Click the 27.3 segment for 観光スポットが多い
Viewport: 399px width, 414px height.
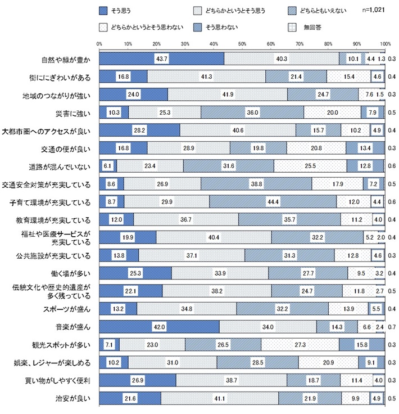point(300,344)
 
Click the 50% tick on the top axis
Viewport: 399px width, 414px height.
point(242,43)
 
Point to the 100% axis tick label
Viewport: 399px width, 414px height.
point(384,43)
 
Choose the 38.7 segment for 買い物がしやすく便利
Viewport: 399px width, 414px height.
point(231,380)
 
